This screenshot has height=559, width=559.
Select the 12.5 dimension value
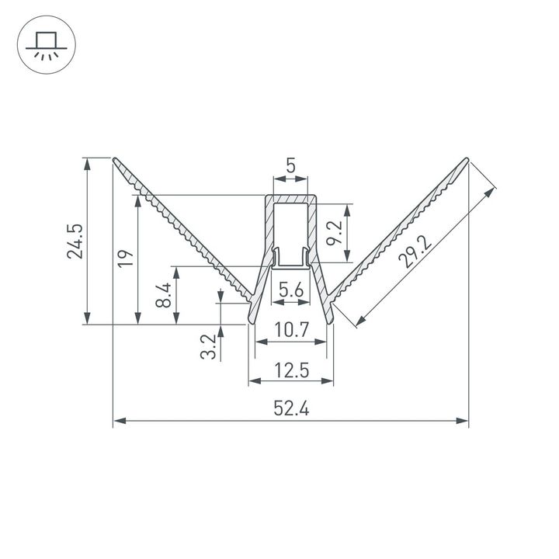[x=291, y=370]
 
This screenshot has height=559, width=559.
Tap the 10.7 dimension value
[x=291, y=330]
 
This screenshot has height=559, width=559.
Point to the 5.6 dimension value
[x=290, y=290]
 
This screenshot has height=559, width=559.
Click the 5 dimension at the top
[x=290, y=165]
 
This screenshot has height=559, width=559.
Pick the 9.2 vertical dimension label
[x=335, y=234]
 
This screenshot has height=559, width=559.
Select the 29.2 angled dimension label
[x=415, y=248]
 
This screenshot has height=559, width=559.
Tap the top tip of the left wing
[x=116, y=160]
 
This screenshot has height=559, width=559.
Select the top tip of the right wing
[x=467, y=160]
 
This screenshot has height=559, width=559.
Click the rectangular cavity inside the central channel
[x=291, y=225]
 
